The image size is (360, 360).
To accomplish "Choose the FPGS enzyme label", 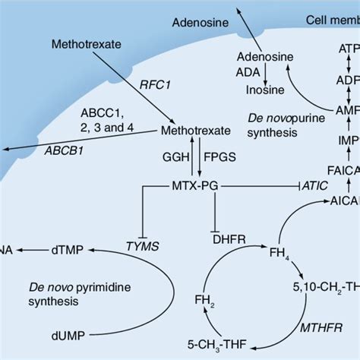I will coord(220,159).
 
